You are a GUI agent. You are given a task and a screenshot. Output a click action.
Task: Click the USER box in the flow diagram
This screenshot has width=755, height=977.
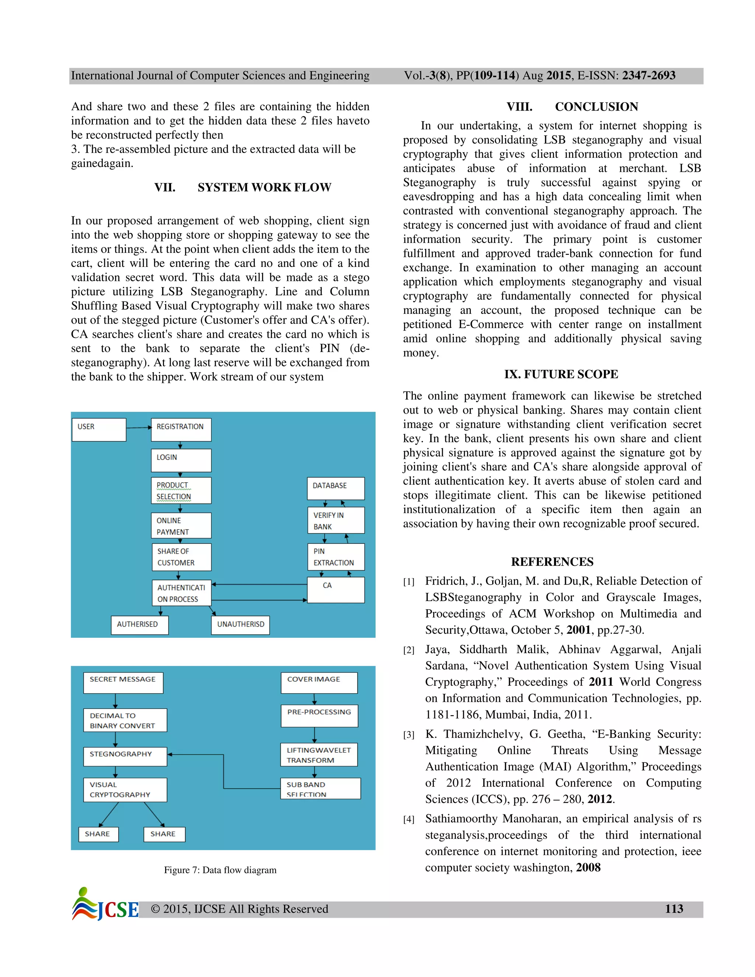[99, 430]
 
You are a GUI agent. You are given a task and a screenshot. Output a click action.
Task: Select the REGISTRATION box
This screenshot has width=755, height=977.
[181, 430]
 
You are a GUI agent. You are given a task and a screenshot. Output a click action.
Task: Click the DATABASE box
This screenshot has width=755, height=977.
[335, 488]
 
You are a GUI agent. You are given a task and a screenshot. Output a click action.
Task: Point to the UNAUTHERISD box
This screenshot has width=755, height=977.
[240, 625]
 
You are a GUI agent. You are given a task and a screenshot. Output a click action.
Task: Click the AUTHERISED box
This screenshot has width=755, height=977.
[140, 625]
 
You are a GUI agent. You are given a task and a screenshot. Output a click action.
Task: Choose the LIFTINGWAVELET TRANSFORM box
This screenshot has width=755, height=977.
[319, 755]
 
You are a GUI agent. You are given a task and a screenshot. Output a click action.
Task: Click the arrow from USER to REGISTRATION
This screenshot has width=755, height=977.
[139, 428]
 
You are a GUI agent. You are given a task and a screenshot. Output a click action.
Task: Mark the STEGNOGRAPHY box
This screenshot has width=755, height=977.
[125, 756]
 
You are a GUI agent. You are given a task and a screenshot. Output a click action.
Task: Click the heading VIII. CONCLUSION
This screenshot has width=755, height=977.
[572, 107]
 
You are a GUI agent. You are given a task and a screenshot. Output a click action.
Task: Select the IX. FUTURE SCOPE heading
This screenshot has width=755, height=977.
[561, 374]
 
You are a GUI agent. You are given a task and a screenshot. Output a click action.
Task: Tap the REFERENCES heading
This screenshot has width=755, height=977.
[552, 562]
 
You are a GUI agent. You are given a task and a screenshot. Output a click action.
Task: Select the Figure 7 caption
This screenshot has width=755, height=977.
[220, 870]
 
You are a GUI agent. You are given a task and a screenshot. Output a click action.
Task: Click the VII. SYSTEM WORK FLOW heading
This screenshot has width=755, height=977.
[243, 187]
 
